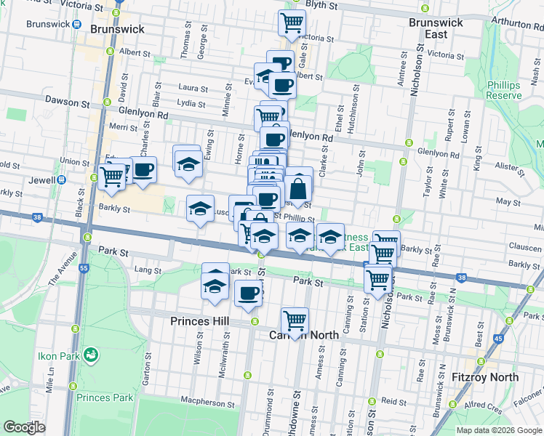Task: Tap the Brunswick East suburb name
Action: [x=436, y=28]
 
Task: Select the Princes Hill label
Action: [x=200, y=320]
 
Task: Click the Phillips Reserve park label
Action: [x=503, y=90]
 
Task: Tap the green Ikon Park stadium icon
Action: [x=91, y=355]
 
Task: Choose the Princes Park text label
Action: [x=105, y=397]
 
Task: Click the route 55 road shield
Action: [x=84, y=268]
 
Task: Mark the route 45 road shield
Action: [x=498, y=338]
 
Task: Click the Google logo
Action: [x=25, y=427]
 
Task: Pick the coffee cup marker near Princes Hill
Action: [x=248, y=293]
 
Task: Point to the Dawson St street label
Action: [x=61, y=101]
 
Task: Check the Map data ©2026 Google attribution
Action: [x=499, y=429]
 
